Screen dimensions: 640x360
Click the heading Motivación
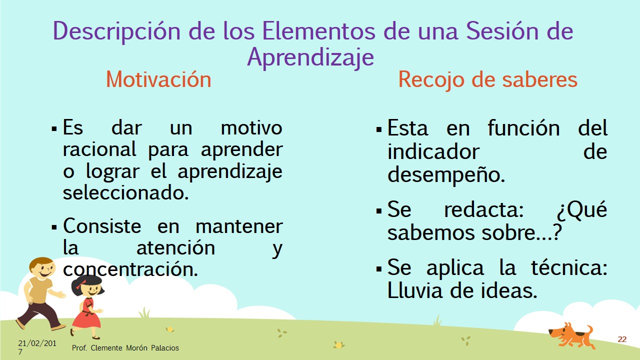click(x=158, y=79)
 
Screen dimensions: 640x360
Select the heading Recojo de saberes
click(x=488, y=80)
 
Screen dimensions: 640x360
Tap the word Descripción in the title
click(x=116, y=31)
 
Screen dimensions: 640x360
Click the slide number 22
click(x=622, y=339)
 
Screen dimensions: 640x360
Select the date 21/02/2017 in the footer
click(x=37, y=347)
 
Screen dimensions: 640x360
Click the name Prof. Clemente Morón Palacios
click(x=125, y=347)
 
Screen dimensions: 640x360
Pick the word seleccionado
click(x=125, y=193)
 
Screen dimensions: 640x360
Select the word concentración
click(x=130, y=269)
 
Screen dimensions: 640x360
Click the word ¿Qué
click(x=581, y=210)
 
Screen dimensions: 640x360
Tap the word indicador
click(x=433, y=151)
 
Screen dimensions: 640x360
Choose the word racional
click(x=99, y=149)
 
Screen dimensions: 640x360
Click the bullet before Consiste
click(x=54, y=227)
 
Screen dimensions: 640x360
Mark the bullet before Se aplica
click(x=379, y=269)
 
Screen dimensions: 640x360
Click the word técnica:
click(x=569, y=267)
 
